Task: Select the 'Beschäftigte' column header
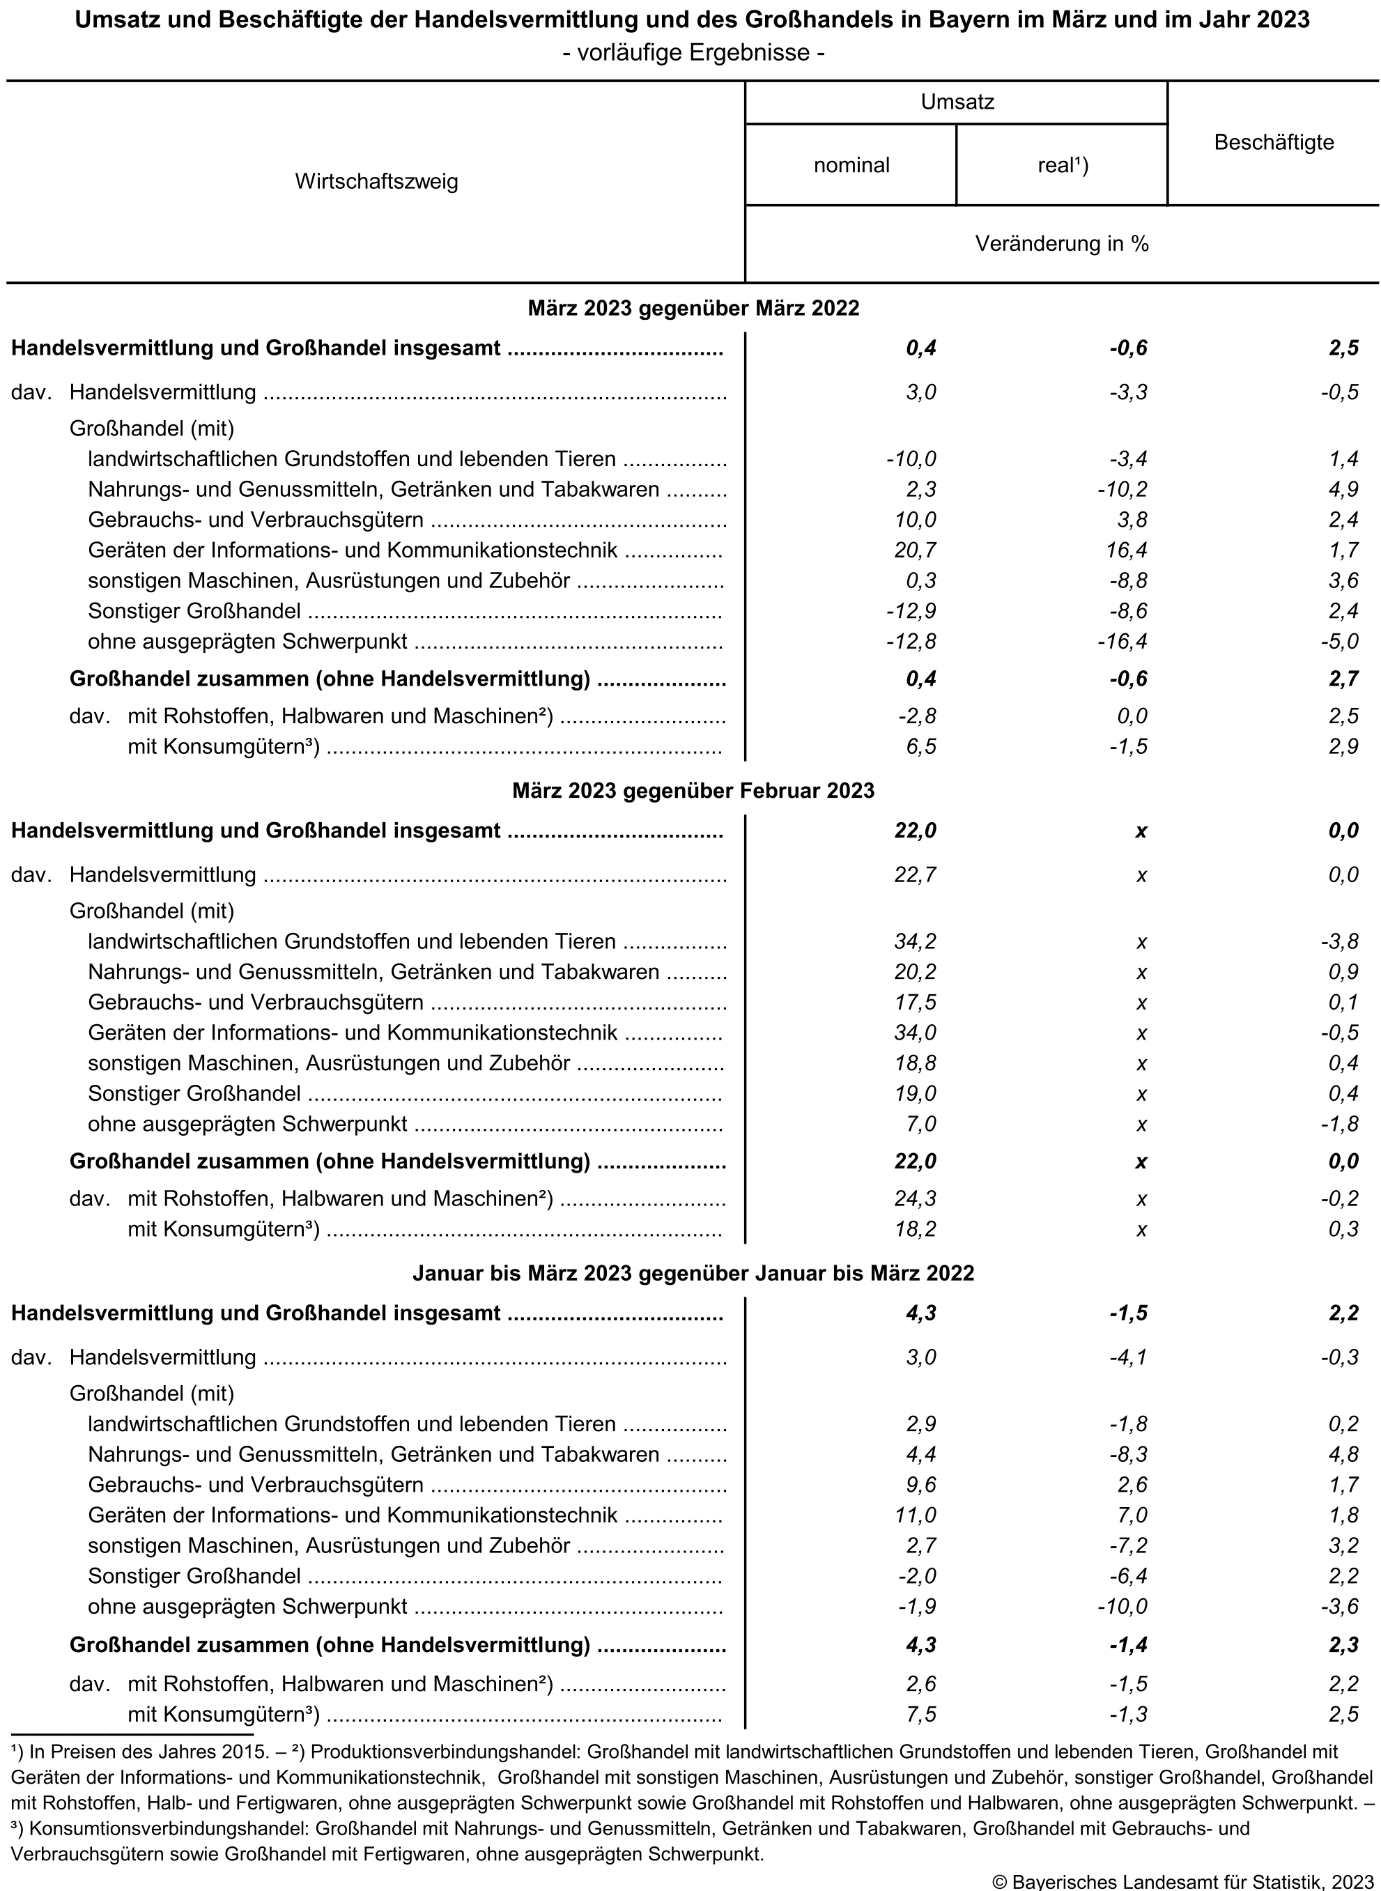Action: pos(1273,143)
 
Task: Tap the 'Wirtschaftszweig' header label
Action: pos(376,181)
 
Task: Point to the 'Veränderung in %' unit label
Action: pos(1062,244)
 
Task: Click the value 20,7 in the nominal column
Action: pos(916,550)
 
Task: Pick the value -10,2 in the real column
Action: pos(1122,489)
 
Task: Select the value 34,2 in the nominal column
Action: pos(916,941)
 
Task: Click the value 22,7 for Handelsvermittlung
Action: pos(916,875)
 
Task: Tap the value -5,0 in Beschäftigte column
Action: pos(1339,641)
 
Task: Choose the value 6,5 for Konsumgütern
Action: pos(920,746)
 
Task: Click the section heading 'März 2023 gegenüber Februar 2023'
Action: pos(693,790)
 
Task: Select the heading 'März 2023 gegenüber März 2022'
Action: pos(693,308)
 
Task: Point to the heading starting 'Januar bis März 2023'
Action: pos(693,1273)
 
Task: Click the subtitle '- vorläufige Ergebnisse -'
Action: pos(693,53)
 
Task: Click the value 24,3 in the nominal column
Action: pos(916,1199)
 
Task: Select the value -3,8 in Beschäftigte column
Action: pos(1339,941)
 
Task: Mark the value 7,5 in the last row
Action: pos(920,1714)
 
